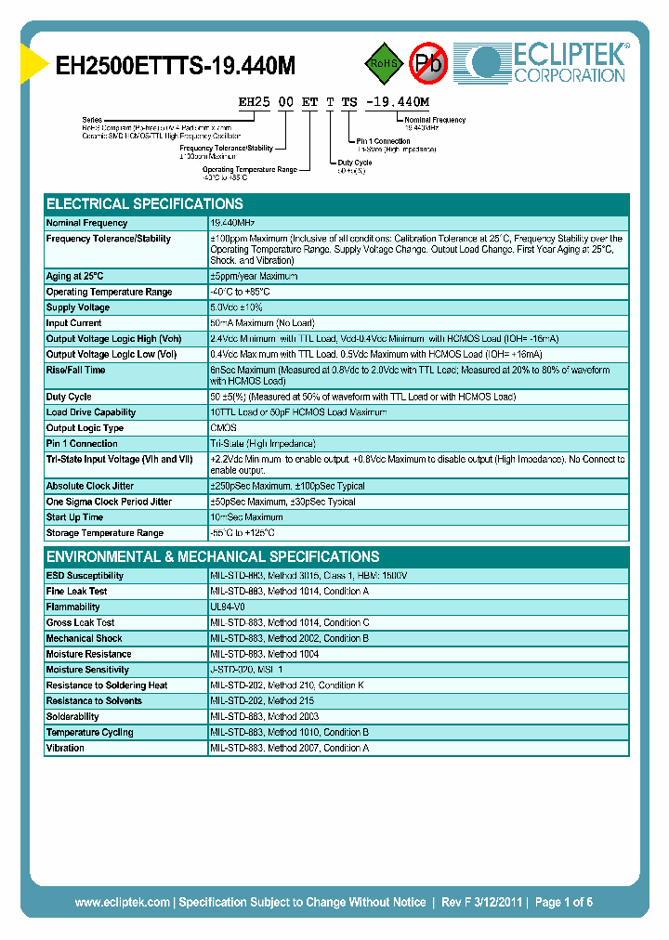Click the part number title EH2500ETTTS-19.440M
(177, 66)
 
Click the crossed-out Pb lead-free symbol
(428, 63)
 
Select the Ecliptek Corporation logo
(549, 62)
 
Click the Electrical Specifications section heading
(145, 204)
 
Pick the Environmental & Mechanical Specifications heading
(213, 557)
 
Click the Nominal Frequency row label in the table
(87, 223)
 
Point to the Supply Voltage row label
(78, 307)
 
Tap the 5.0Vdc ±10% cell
(237, 307)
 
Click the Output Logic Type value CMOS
(224, 428)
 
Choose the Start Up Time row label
(74, 517)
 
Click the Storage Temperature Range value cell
(243, 533)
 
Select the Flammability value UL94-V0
(228, 607)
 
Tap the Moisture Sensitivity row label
(87, 670)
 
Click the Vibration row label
(65, 748)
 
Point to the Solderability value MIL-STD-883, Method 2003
(265, 716)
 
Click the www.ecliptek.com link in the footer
(122, 902)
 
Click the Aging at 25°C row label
(75, 276)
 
